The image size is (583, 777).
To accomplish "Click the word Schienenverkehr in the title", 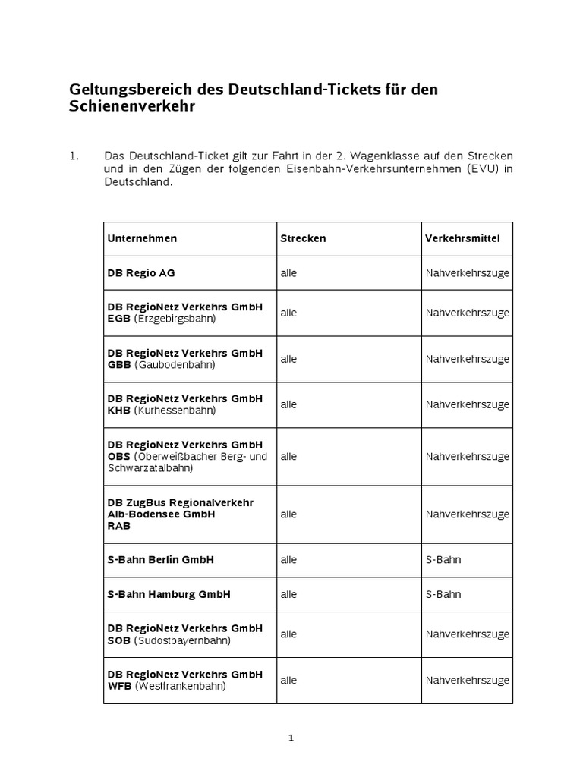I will point(132,107).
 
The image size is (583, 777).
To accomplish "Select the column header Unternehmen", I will point(142,238).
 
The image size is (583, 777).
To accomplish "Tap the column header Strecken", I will point(303,238).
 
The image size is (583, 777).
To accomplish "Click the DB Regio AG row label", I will point(141,273).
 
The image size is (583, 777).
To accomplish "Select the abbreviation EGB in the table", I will point(119,319).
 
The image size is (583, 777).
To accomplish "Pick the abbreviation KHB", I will point(119,411).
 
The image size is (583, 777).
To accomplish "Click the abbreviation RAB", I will point(119,525).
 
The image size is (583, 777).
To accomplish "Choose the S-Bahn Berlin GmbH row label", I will point(160,560).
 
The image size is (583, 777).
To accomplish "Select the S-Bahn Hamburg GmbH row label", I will point(169,595).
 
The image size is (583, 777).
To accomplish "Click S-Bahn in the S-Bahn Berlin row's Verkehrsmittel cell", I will point(443,560).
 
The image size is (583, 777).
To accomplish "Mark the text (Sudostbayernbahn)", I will point(182,640).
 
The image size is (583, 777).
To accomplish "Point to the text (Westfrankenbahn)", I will point(181,687).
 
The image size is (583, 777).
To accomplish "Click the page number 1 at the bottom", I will point(291,738).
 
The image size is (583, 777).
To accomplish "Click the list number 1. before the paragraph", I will point(74,156).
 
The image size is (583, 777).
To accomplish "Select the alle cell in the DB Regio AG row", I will point(288,273).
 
